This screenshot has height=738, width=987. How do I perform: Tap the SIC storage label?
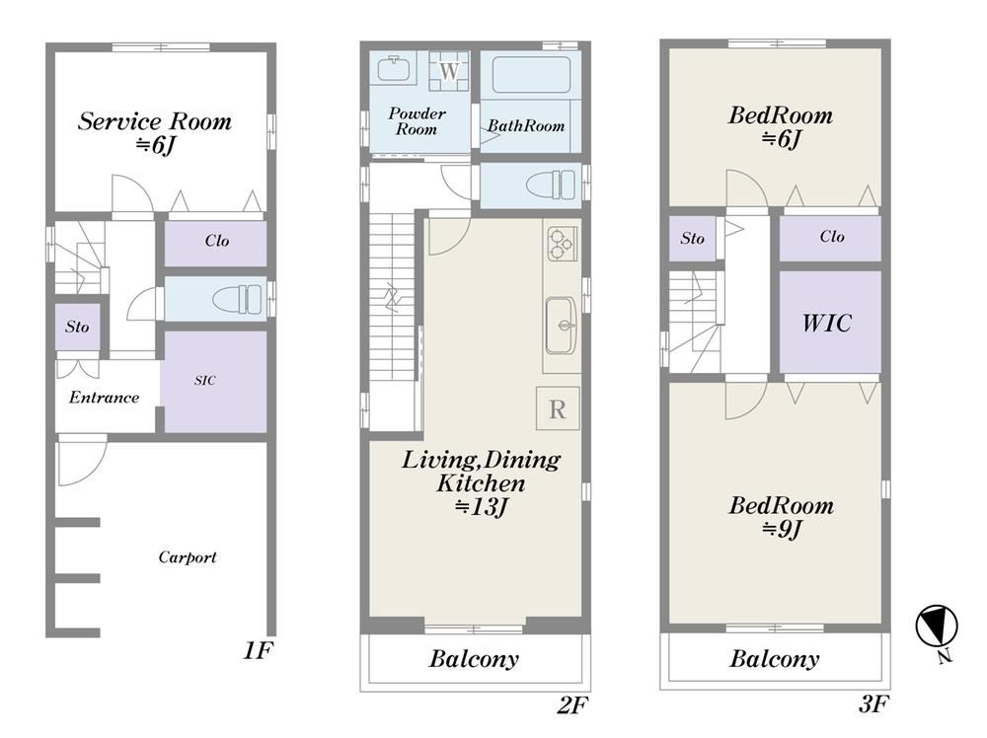coord(204,380)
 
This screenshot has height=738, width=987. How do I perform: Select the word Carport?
coord(187,556)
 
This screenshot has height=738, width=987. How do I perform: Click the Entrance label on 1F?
coord(104,397)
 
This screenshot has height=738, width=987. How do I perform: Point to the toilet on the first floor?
coord(237,299)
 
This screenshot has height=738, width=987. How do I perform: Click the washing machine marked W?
coord(449,70)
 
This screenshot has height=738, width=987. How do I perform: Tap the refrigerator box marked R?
coord(558,408)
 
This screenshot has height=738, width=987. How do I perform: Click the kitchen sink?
coord(561,325)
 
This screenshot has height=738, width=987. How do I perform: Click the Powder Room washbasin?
coord(394,69)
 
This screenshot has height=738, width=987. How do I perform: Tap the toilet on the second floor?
coord(551,184)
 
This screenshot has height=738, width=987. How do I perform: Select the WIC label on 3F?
coord(826,323)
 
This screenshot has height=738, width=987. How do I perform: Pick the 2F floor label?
coord(572,705)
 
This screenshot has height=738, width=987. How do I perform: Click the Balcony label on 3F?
coord(774,659)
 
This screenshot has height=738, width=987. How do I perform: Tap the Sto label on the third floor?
coord(693,238)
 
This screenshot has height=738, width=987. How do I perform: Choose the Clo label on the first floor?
coord(216,241)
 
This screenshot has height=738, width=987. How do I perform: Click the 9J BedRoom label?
coord(781,517)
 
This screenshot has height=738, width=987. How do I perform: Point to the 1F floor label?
coord(258,650)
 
